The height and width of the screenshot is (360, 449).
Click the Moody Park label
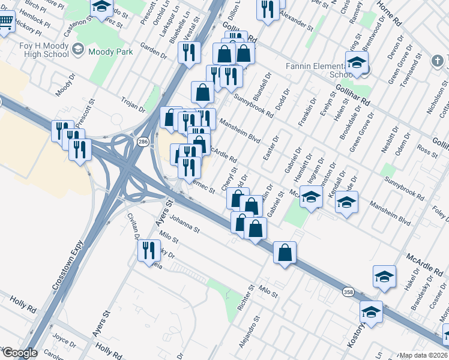[110, 52]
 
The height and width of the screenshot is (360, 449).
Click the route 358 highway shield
[348, 292]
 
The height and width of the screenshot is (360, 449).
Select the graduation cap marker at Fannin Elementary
[357, 63]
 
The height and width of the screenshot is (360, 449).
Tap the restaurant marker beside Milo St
[149, 250]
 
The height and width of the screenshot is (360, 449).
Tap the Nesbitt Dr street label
[394, 139]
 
